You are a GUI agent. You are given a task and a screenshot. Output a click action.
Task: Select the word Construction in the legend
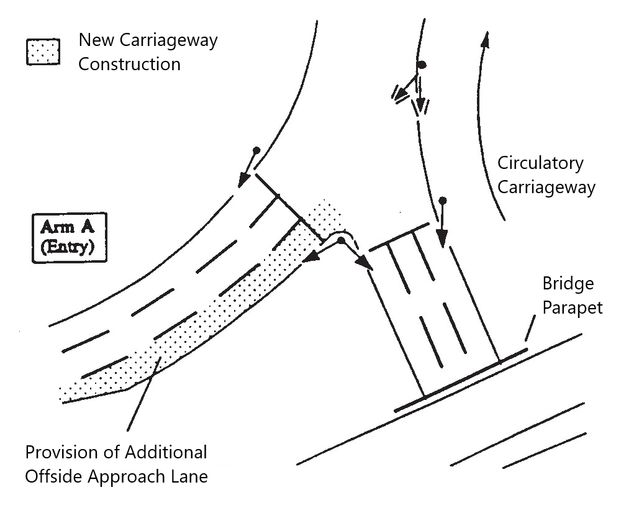pos(129,63)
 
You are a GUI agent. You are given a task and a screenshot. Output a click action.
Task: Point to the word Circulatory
pos(540,163)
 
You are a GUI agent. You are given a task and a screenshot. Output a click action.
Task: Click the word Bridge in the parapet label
pos(568,284)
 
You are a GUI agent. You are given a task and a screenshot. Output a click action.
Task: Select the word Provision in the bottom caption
pos(60,452)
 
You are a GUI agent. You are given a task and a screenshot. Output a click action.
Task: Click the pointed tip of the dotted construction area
pos(61,394)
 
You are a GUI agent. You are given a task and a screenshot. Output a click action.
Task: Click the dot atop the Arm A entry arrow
pos(255,151)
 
